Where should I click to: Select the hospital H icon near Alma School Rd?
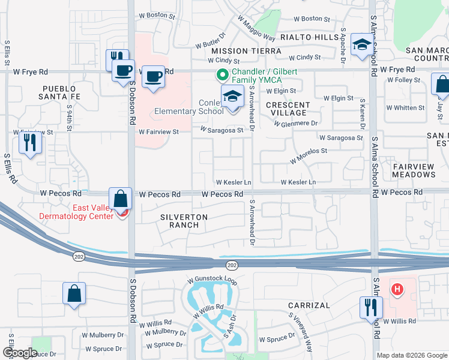click(x=396, y=290)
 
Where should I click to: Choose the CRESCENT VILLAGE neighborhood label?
click(x=288, y=109)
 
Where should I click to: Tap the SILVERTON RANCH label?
click(x=184, y=221)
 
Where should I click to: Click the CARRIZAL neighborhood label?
click(x=309, y=305)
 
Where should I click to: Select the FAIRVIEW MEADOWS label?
click(x=414, y=170)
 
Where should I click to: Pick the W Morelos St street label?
click(x=309, y=157)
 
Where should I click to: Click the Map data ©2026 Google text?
click(x=412, y=355)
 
